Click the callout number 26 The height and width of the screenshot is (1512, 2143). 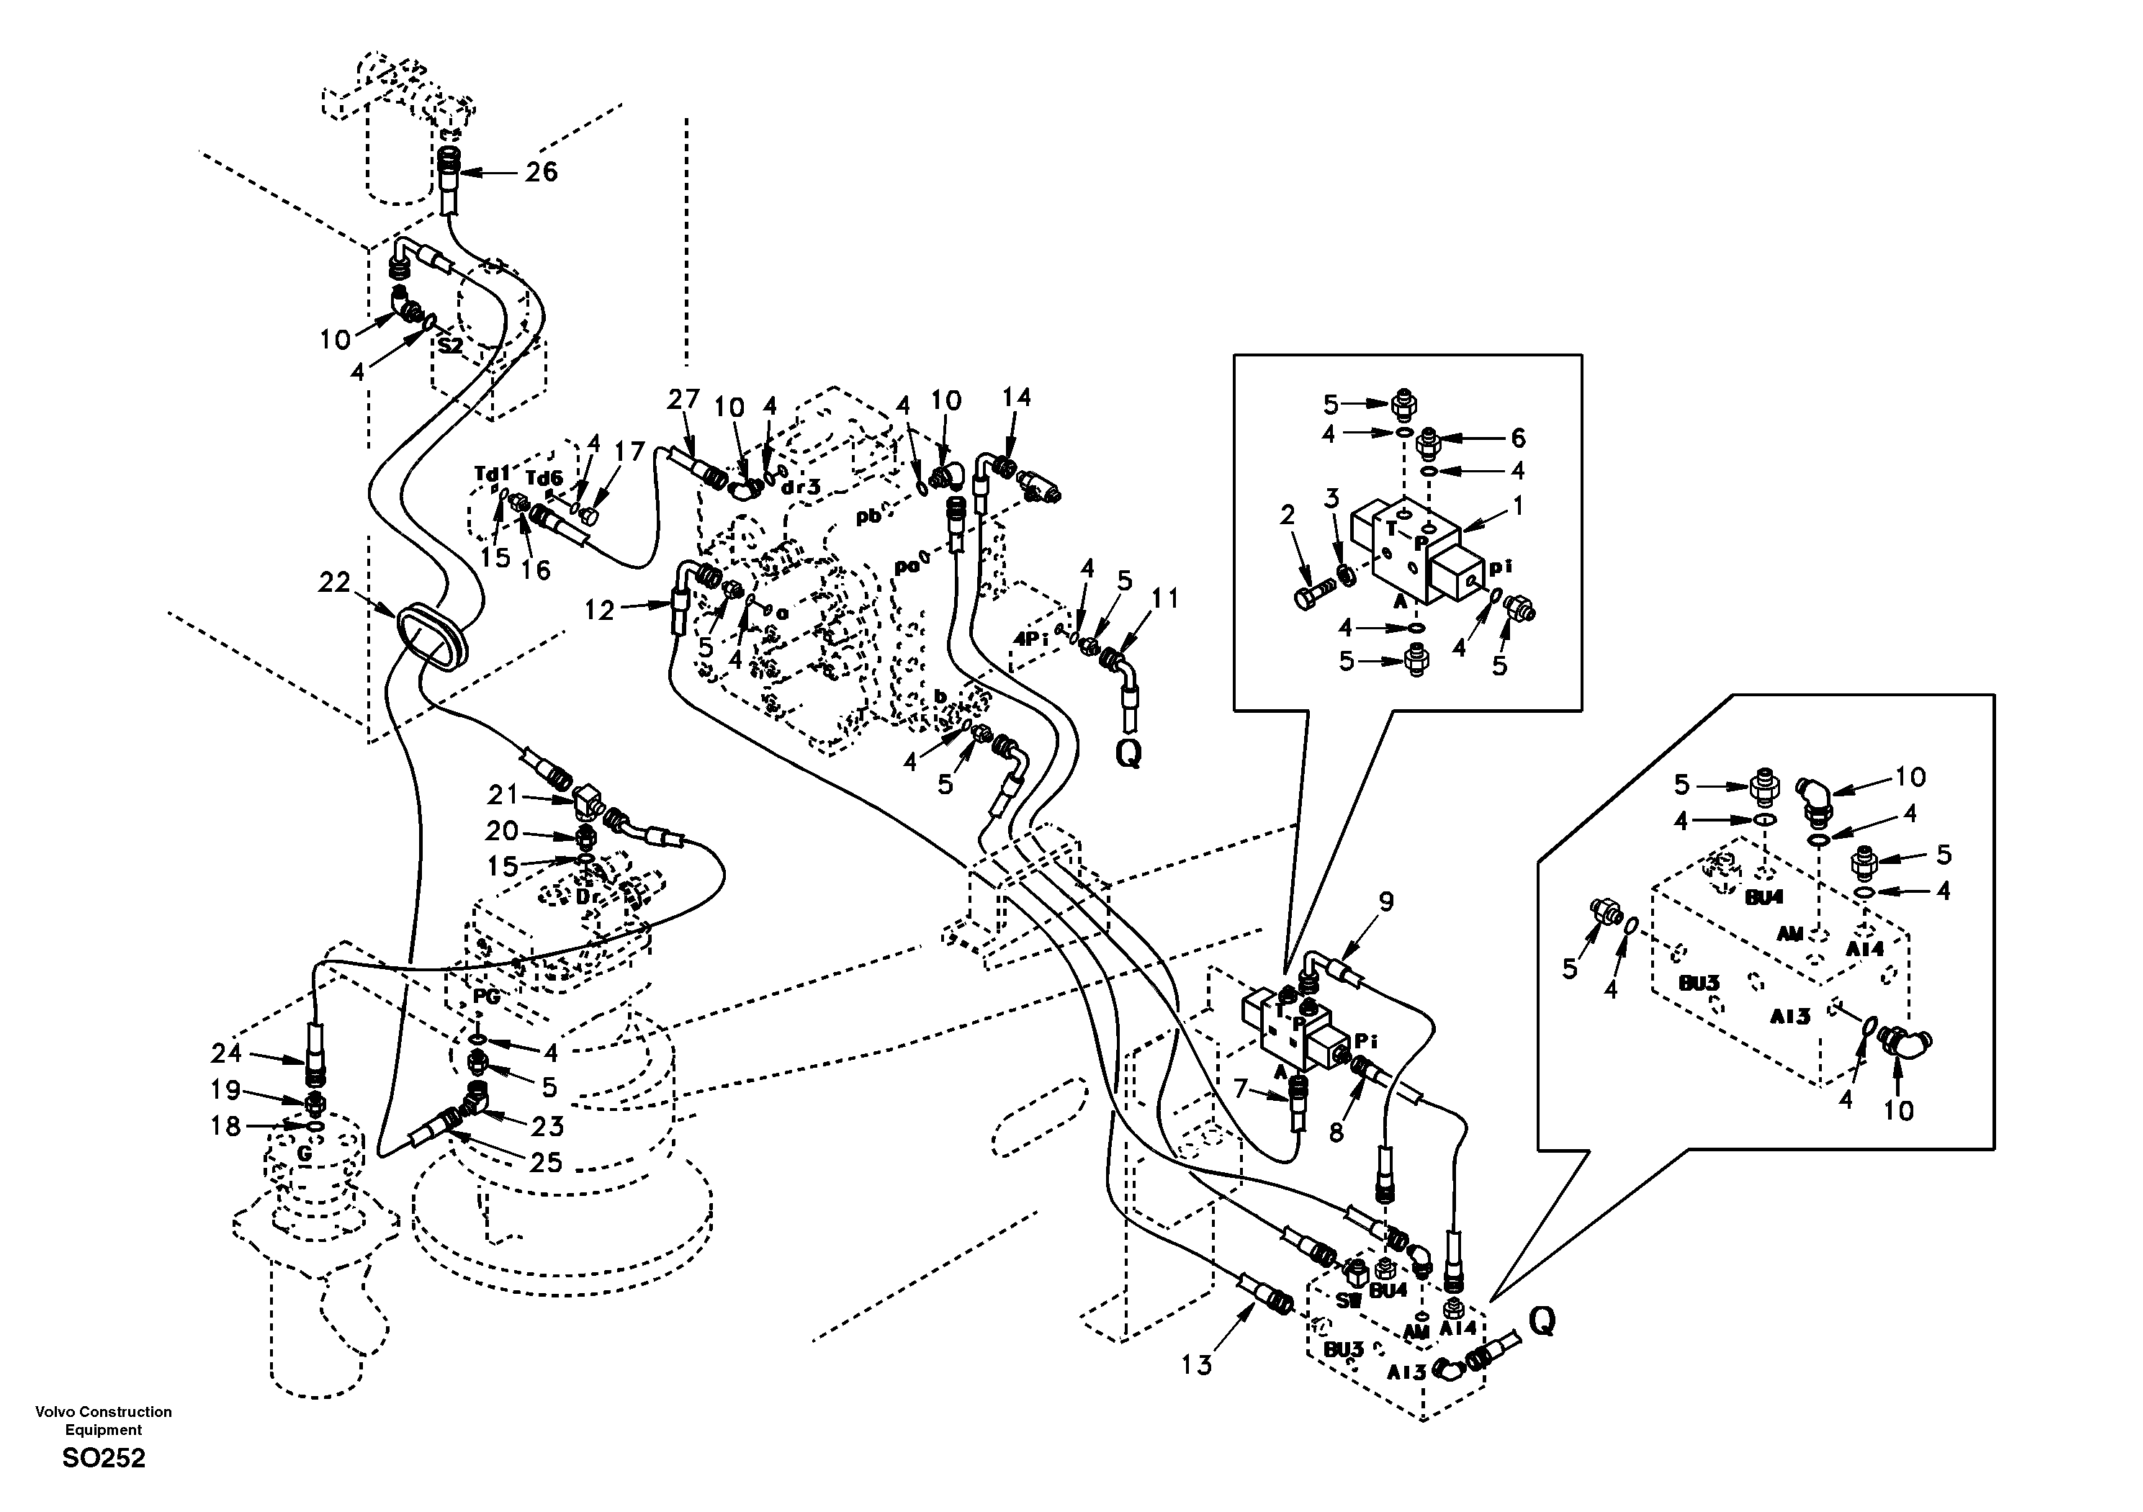click(542, 172)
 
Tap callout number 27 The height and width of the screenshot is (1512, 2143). click(683, 400)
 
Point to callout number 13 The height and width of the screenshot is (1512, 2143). click(1195, 1365)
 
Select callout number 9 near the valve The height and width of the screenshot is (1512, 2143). click(1386, 901)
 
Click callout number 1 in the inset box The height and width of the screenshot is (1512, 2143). click(1518, 507)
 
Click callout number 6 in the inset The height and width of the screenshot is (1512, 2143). click(1518, 438)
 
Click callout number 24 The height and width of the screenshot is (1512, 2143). click(226, 1054)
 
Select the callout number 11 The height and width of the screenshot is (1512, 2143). click(1166, 598)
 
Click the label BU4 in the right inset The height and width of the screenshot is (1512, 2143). click(1764, 897)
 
